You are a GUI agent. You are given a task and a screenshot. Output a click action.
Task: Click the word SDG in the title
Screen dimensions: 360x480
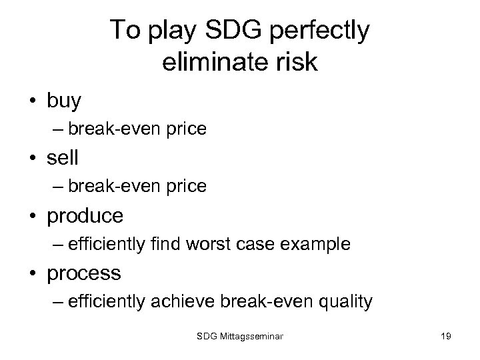[223, 31]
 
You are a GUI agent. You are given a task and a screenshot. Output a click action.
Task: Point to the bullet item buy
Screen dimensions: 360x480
[64, 101]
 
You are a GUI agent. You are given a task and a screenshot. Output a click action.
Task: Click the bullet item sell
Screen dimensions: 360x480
[63, 158]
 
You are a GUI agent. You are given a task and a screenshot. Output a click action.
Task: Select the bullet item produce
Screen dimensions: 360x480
[85, 215]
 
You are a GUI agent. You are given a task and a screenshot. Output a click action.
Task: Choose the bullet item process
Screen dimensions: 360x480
[84, 273]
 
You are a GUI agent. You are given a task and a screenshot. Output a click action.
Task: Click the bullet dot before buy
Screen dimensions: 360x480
[33, 101]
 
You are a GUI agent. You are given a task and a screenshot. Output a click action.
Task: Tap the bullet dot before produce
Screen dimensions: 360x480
[33, 216]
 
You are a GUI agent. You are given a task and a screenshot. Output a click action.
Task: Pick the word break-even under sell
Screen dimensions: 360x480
[112, 187]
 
